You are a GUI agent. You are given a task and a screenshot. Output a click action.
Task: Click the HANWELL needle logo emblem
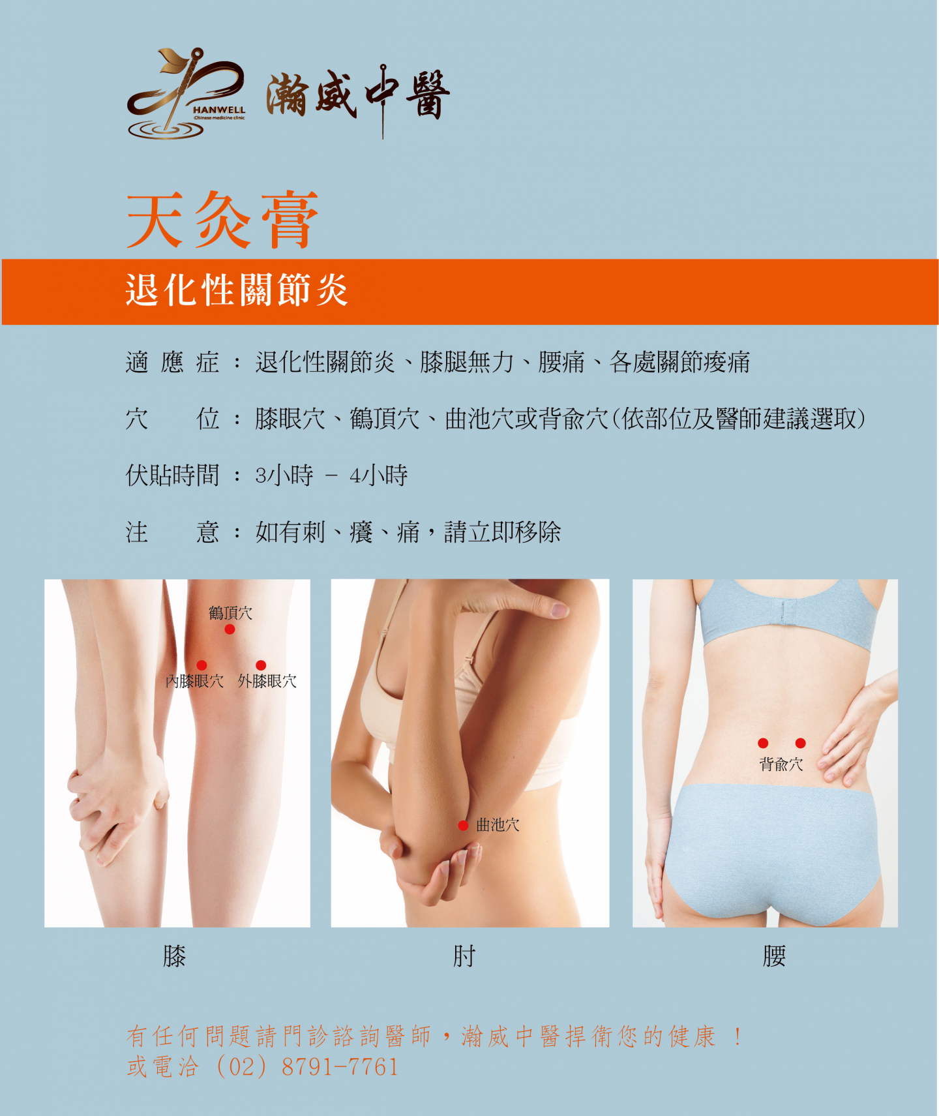click(186, 94)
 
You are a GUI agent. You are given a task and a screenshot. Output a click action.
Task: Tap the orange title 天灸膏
click(222, 220)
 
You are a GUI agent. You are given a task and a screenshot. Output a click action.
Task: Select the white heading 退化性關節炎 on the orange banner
click(236, 290)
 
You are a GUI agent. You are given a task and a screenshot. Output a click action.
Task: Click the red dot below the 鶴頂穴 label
click(230, 629)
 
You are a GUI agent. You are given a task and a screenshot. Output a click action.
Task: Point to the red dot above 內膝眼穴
click(201, 665)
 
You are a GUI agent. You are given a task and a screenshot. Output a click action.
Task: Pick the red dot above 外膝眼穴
click(261, 665)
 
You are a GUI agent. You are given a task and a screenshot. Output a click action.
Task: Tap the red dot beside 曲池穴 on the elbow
click(463, 826)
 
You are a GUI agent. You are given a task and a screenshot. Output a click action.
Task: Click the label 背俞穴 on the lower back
click(781, 764)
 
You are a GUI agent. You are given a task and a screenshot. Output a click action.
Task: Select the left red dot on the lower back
click(763, 743)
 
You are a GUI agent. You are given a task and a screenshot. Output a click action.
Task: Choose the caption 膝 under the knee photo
click(174, 956)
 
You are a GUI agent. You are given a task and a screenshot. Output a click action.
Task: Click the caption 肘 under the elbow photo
click(464, 956)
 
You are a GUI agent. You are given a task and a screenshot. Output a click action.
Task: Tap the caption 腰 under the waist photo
click(774, 956)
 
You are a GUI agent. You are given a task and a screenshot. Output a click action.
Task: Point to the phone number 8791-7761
click(340, 1067)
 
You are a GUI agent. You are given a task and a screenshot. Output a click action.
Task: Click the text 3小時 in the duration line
click(284, 475)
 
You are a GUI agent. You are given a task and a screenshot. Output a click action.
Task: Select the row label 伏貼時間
click(172, 475)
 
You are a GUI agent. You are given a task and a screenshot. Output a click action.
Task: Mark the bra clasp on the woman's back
click(785, 611)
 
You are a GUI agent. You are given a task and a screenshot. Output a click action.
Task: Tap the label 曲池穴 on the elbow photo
click(498, 825)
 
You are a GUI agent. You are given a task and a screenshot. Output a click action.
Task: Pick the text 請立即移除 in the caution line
click(502, 532)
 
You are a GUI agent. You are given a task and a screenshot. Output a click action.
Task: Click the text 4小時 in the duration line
click(378, 475)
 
